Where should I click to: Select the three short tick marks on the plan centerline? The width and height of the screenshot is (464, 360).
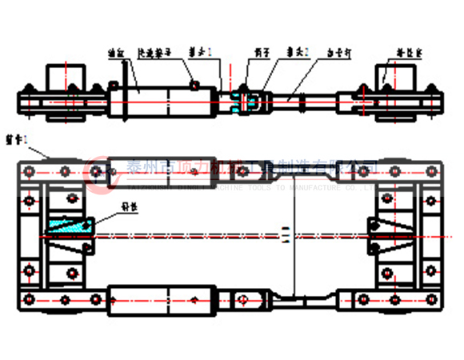(285, 234)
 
